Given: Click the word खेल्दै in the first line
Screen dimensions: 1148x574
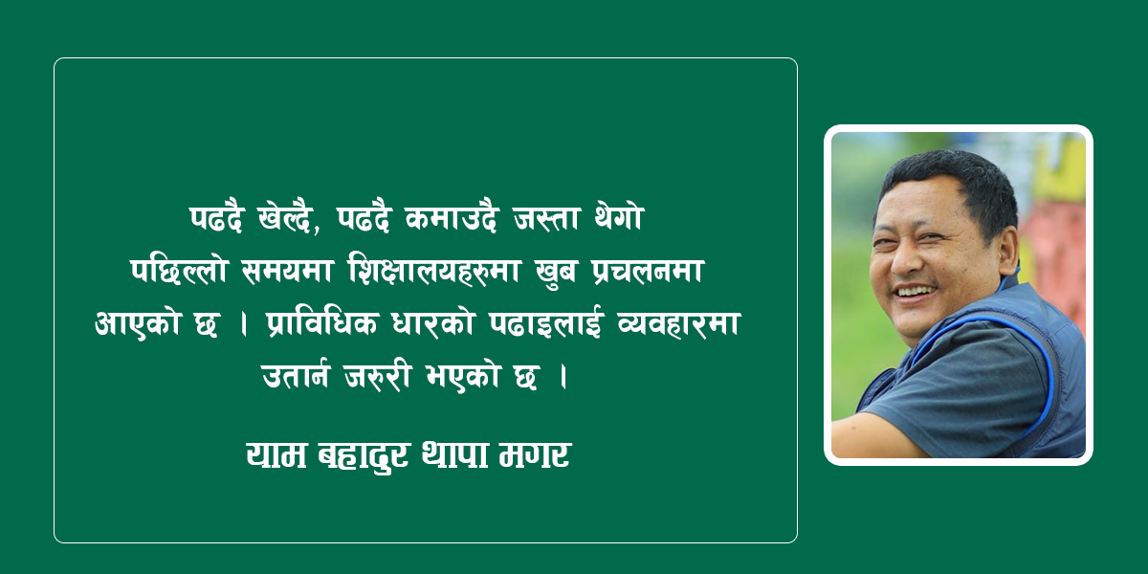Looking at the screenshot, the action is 284,219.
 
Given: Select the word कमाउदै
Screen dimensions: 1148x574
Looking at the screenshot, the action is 451,219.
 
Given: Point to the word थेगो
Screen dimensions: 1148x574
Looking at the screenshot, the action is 618,218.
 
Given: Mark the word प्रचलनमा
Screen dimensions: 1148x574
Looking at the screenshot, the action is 648,271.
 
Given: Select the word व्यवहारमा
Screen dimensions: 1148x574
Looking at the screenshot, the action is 678,324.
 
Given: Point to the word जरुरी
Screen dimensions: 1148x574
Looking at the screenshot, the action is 378,376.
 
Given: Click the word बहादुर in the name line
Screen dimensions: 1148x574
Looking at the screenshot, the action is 363,456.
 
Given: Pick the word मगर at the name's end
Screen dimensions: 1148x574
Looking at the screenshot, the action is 535,456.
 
